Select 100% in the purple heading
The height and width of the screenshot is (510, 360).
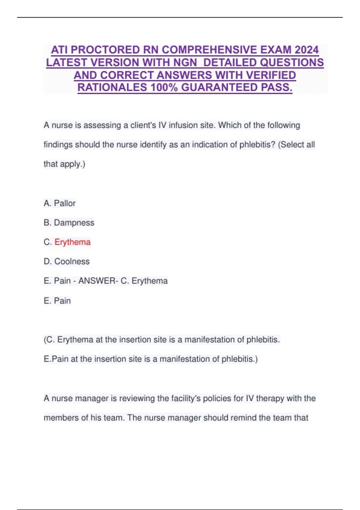pos(164,88)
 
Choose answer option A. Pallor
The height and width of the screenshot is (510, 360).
pos(59,203)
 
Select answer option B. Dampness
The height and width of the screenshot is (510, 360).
pos(69,223)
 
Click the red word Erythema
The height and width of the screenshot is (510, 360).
pos(72,242)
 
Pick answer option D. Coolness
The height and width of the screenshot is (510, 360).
pos(67,262)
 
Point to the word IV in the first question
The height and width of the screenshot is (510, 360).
pos(162,125)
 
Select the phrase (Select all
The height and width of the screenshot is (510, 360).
pos(296,145)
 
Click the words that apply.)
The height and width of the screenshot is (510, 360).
pos(64,164)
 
